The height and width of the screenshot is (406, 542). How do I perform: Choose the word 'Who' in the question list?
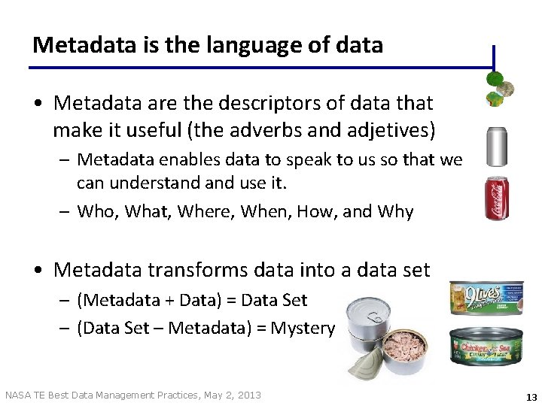(x=98, y=212)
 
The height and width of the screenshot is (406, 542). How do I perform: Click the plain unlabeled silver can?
(x=497, y=146)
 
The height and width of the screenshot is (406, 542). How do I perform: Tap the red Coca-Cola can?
(x=498, y=199)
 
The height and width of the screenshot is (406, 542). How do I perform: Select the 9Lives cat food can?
(x=486, y=298)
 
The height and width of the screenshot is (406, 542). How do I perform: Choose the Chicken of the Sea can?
(x=486, y=347)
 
